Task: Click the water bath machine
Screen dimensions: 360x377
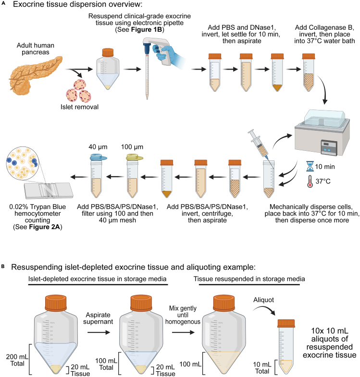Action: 323,132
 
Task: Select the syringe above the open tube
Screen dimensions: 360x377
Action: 261,149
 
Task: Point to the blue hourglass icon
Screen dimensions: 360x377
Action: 310,166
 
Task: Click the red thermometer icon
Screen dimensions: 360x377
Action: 310,181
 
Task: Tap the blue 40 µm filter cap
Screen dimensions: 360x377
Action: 98,158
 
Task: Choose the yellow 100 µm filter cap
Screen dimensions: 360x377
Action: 134,158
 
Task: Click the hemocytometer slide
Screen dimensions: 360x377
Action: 49,191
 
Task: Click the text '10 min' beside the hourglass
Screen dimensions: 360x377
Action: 325,167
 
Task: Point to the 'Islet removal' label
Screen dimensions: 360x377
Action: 79,107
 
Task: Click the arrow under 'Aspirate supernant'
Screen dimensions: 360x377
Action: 99,332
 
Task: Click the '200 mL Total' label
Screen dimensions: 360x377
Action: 17,360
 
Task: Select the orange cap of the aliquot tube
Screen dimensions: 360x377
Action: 286,323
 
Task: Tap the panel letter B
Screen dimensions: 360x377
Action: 3,267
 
